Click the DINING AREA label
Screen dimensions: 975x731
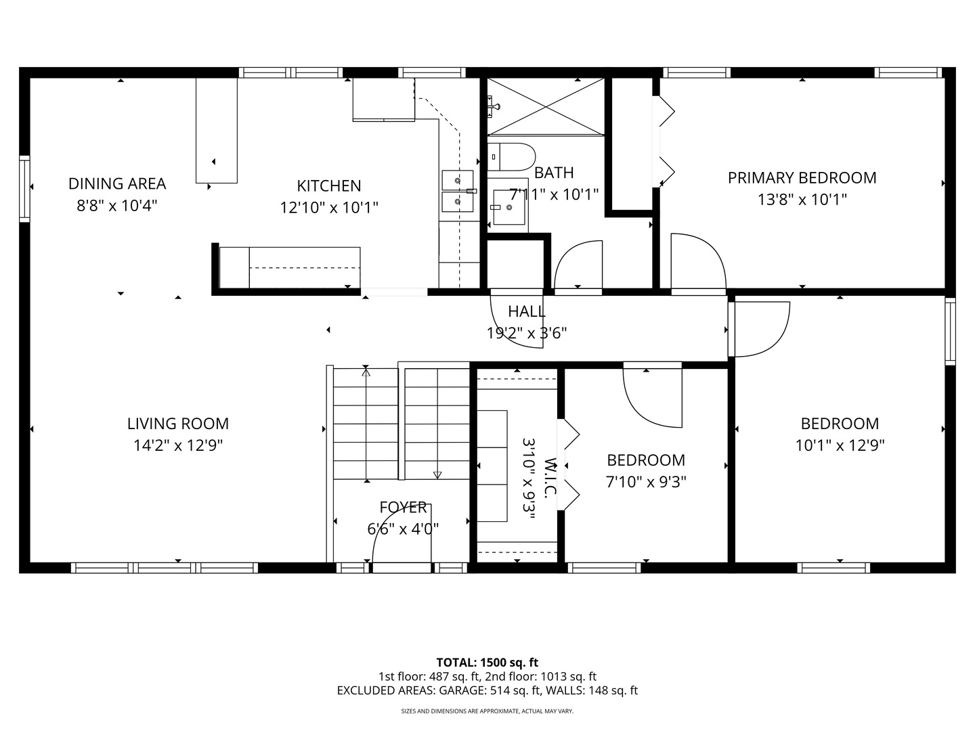pyautogui.click(x=117, y=183)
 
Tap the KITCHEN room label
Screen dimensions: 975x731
pyautogui.click(x=328, y=185)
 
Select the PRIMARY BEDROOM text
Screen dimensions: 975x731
pyautogui.click(x=802, y=178)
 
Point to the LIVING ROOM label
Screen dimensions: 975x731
pyautogui.click(x=177, y=424)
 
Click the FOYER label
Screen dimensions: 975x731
pyautogui.click(x=403, y=507)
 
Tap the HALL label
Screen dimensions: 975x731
pyautogui.click(x=526, y=311)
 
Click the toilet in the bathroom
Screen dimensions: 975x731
pyautogui.click(x=511, y=156)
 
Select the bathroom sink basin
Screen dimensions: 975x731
pyautogui.click(x=509, y=207)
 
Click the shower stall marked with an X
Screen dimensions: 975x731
pyautogui.click(x=546, y=106)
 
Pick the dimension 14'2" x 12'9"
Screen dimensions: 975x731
pyautogui.click(x=177, y=445)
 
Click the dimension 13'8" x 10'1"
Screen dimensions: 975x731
pyautogui.click(x=802, y=200)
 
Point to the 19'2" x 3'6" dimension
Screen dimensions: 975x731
pyautogui.click(x=526, y=333)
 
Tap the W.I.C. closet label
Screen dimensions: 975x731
pyautogui.click(x=550, y=478)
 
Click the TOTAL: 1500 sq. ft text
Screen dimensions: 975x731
pyautogui.click(x=487, y=663)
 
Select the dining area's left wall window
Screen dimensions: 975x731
pyautogui.click(x=24, y=189)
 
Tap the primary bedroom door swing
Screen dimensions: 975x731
pyautogui.click(x=698, y=262)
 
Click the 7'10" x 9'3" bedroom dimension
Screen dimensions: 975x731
pyautogui.click(x=646, y=481)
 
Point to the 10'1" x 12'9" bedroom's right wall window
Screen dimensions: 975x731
pyautogui.click(x=950, y=332)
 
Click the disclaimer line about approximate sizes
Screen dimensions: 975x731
pyautogui.click(x=487, y=711)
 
